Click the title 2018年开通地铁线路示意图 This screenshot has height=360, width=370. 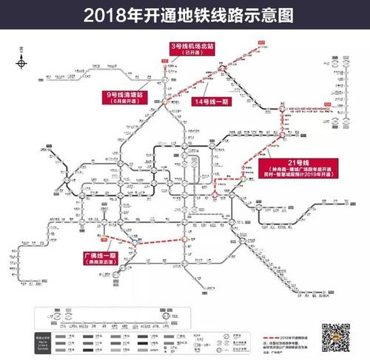(184, 14)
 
